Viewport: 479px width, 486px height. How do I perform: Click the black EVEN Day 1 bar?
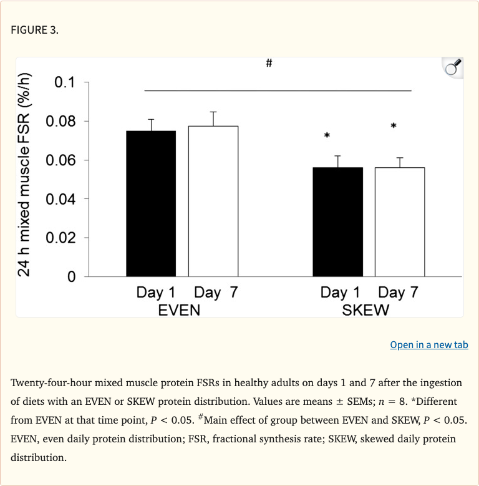coord(151,203)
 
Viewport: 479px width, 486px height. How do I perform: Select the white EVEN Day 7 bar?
coord(213,201)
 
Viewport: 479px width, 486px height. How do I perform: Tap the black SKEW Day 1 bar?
coord(337,221)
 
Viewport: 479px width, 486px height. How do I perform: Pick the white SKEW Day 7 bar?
coord(399,221)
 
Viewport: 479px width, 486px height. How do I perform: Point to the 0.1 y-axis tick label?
coord(64,82)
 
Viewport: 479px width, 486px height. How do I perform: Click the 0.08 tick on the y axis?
coord(60,121)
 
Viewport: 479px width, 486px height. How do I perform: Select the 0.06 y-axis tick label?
coord(60,160)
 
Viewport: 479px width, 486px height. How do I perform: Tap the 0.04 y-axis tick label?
coord(60,199)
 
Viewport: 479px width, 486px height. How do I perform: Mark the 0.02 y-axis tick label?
coord(60,238)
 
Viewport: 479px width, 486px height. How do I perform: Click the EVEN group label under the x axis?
coord(180,309)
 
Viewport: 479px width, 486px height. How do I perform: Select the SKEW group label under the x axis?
coord(365,309)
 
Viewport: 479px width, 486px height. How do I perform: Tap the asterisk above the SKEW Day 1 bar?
coord(326,135)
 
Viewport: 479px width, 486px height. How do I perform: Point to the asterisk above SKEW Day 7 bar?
coord(394,126)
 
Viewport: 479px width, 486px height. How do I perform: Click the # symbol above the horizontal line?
coord(269,64)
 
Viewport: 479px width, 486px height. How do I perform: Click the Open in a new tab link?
coord(428,344)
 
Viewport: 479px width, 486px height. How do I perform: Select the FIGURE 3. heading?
coord(34,30)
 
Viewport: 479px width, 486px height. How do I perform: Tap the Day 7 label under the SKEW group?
coord(397,293)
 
